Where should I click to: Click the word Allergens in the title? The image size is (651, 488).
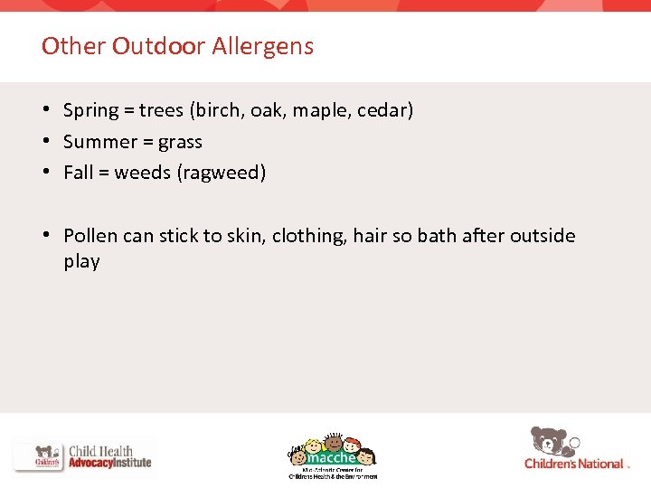click(263, 46)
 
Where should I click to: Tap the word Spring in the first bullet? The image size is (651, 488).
click(91, 111)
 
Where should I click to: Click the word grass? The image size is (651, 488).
click(180, 143)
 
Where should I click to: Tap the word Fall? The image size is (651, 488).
click(78, 172)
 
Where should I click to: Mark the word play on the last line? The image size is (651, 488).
click(81, 262)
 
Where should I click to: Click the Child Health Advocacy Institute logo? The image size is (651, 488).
click(83, 456)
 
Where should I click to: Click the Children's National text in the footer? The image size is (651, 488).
click(574, 464)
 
